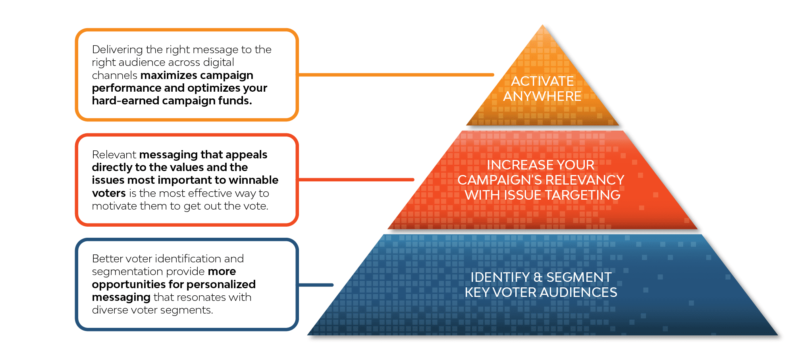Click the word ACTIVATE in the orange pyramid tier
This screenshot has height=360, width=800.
pos(542,81)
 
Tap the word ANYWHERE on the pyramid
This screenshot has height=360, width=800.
pos(542,96)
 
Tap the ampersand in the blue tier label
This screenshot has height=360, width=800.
pos(538,277)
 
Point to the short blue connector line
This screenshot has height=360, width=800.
pos(316,285)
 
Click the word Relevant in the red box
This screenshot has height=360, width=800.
pos(114,154)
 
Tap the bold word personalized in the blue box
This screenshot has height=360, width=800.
pos(221,284)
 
